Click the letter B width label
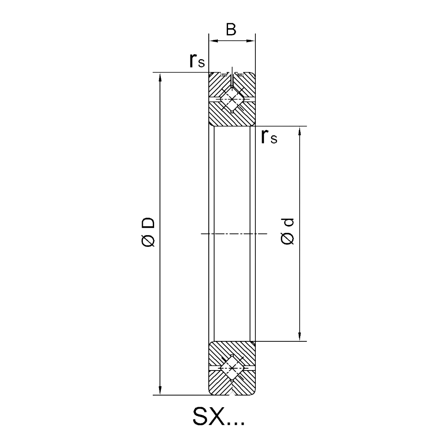pos(231,30)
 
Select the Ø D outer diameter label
pos(148,232)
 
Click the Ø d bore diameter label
pos(288,232)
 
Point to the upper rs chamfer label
pos(197,60)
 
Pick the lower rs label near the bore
pos(269,137)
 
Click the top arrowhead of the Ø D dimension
pos(160,77)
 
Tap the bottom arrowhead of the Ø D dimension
pos(160,390)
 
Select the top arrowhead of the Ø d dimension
pos(299,131)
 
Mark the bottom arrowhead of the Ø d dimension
pos(299,336)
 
